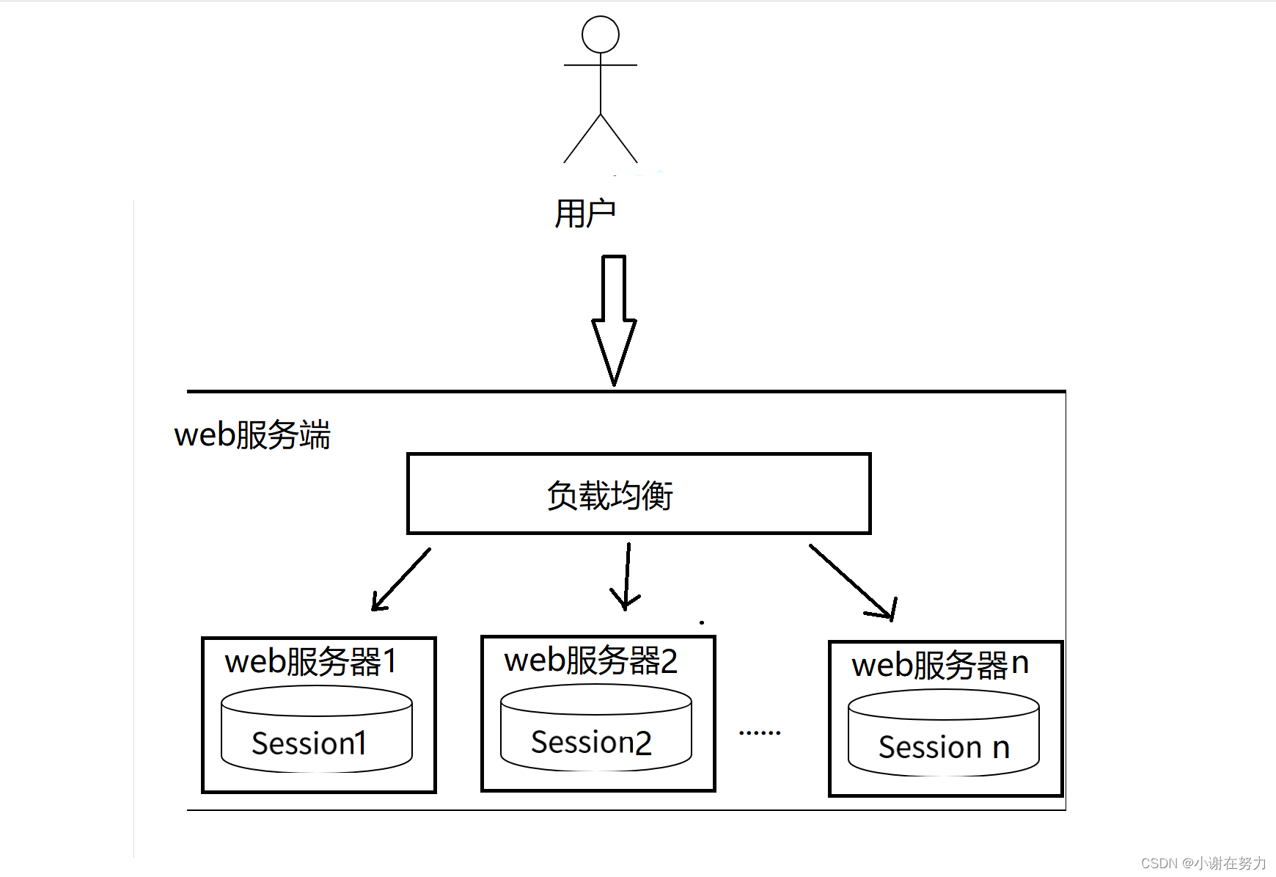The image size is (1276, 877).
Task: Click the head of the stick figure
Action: click(x=600, y=34)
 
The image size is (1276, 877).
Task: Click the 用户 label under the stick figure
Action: click(x=584, y=214)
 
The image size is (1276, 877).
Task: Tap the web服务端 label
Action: click(x=252, y=434)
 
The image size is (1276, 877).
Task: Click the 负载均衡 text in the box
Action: click(x=609, y=495)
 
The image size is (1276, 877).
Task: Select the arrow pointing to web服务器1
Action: click(x=401, y=580)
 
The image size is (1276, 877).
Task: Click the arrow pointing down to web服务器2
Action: click(x=627, y=577)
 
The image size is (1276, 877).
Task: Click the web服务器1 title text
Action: click(x=311, y=661)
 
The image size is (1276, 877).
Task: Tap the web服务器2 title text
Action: click(x=590, y=660)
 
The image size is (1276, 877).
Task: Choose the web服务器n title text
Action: click(x=940, y=664)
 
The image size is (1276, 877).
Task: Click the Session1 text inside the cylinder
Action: click(x=309, y=743)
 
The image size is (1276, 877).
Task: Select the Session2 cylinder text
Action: click(x=591, y=742)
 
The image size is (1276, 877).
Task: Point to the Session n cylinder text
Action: click(x=944, y=747)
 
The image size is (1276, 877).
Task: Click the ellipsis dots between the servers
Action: click(x=760, y=732)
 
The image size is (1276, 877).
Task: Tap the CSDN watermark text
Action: click(x=1203, y=863)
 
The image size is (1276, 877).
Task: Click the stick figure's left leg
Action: click(x=582, y=138)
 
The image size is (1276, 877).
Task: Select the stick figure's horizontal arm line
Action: click(x=600, y=65)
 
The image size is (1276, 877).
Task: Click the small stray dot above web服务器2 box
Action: click(x=702, y=622)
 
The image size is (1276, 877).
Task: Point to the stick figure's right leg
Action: click(x=619, y=138)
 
